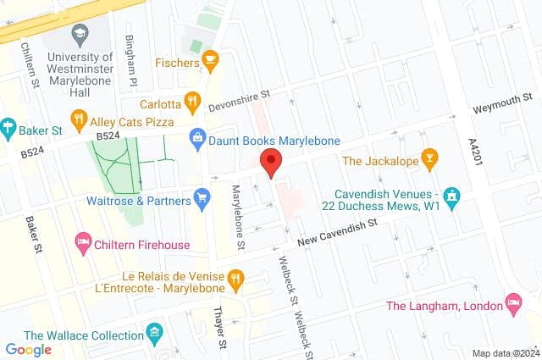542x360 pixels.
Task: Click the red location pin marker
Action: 271,161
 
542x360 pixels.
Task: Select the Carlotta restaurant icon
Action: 192,104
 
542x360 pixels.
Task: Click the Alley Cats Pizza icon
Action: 80,119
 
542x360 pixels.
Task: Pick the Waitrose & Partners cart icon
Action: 202,200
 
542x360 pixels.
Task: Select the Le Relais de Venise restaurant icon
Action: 235,277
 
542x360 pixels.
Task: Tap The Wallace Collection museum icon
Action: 153,331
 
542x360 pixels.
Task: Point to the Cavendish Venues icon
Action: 452,199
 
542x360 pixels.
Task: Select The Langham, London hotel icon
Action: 512,302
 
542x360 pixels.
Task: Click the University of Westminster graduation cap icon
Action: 80,35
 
